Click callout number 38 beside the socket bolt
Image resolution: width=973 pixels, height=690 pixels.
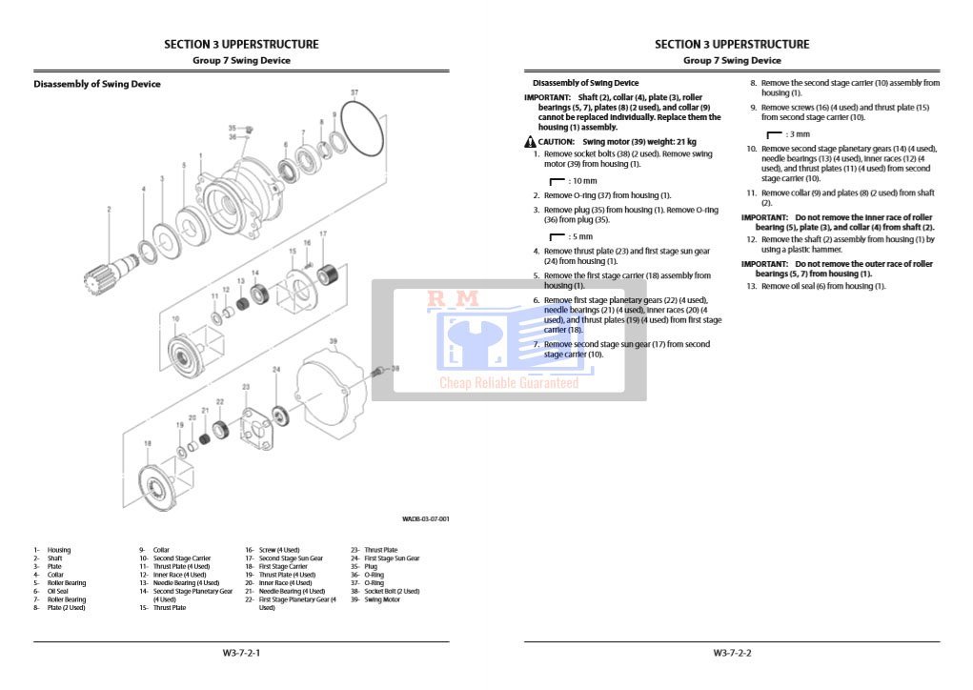pos(395,368)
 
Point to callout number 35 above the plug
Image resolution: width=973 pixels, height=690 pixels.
pos(232,128)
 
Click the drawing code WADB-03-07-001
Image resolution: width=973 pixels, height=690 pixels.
pos(425,518)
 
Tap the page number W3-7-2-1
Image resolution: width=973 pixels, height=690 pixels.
pos(241,653)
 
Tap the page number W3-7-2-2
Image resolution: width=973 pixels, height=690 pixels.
pos(732,653)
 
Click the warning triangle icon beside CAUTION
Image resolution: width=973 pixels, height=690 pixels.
pos(530,141)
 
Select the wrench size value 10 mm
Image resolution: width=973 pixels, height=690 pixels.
pos(583,180)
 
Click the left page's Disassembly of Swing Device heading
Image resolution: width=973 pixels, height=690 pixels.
pos(97,84)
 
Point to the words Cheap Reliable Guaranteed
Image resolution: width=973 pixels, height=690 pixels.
pos(508,383)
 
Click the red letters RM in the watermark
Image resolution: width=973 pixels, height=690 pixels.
pos(453,299)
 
